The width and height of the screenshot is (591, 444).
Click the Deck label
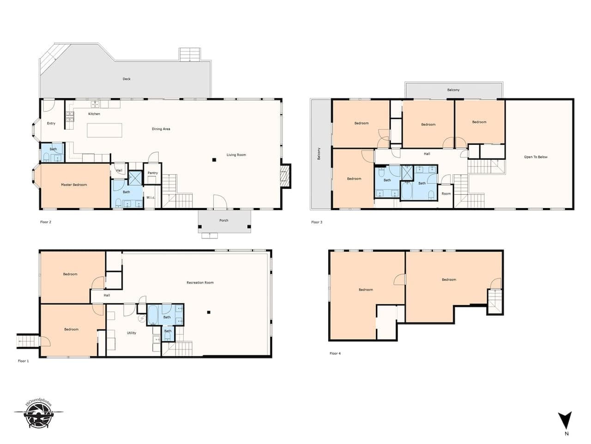click(x=127, y=79)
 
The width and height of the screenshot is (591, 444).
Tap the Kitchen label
click(x=94, y=114)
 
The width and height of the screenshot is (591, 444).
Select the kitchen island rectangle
click(x=104, y=130)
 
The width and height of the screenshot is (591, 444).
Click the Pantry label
click(x=153, y=173)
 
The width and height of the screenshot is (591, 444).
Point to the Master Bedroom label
click(x=74, y=185)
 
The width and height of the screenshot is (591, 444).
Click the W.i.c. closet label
click(x=151, y=197)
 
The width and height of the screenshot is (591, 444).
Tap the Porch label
click(x=224, y=220)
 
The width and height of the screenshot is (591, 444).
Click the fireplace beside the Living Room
click(x=286, y=176)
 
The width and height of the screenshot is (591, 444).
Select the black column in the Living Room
click(x=214, y=160)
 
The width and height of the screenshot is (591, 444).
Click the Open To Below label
click(x=536, y=157)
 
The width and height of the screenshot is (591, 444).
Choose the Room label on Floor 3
click(x=446, y=194)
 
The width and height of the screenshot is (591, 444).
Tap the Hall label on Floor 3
click(x=427, y=154)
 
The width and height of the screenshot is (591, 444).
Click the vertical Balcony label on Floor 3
click(x=319, y=154)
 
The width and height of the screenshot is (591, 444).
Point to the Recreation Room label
click(x=200, y=283)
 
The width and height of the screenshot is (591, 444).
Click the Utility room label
click(x=132, y=333)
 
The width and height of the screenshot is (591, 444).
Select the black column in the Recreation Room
click(x=209, y=312)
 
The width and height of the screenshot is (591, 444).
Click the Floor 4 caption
click(x=335, y=353)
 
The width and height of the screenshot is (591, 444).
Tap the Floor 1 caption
click(x=23, y=361)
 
